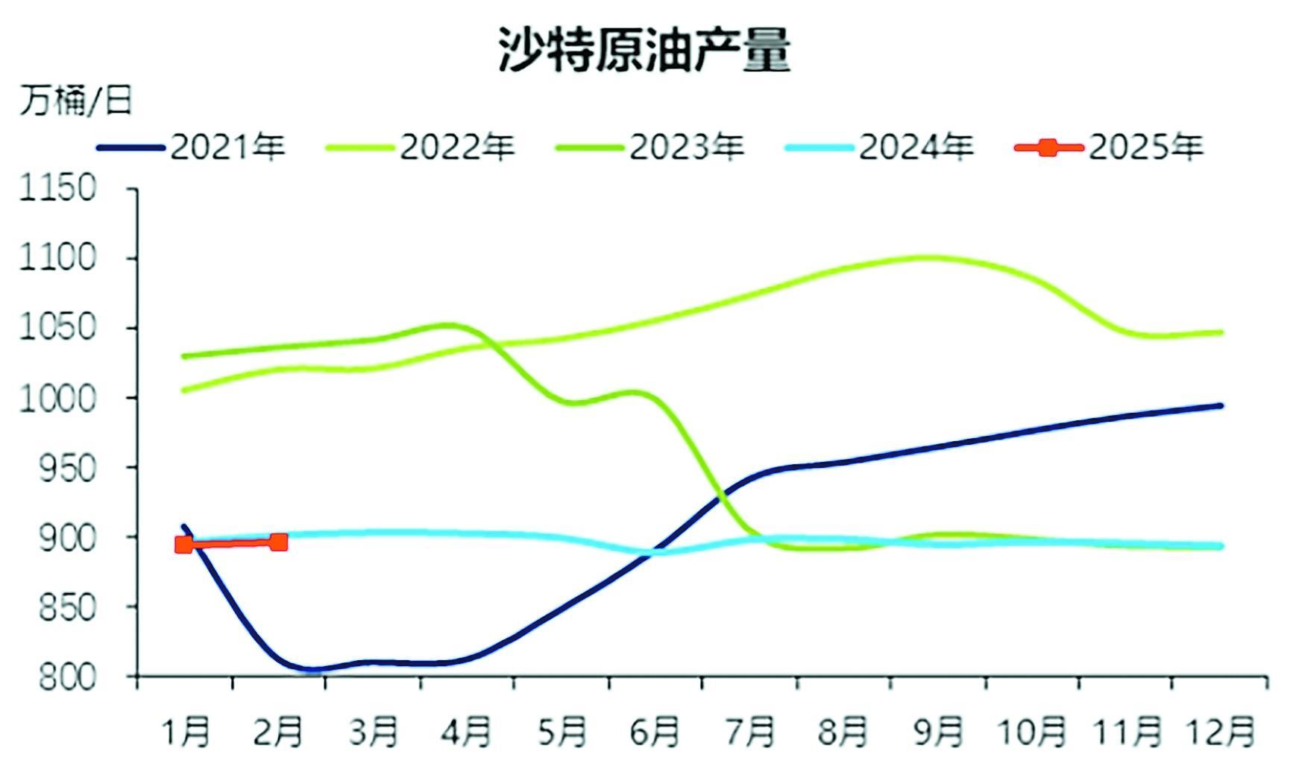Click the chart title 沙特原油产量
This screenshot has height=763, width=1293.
pos(644,50)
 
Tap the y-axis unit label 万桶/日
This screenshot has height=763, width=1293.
pos(75,100)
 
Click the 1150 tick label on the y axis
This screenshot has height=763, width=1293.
pos(58,189)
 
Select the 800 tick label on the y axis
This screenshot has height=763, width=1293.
pos(67,677)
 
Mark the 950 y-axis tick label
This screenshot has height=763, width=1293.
pos(67,468)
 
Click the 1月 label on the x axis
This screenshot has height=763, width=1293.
pos(186,732)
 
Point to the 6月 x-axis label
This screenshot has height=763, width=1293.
pos(654,732)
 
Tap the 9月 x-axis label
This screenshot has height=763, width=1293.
pos(938,732)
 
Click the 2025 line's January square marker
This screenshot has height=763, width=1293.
pos(183,545)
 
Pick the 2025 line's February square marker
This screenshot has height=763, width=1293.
pos(278,542)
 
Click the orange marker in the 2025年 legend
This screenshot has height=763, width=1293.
pos(1048,148)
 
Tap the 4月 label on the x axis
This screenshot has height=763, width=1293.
pos(466,732)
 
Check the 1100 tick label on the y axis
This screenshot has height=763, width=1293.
pos(58,259)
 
